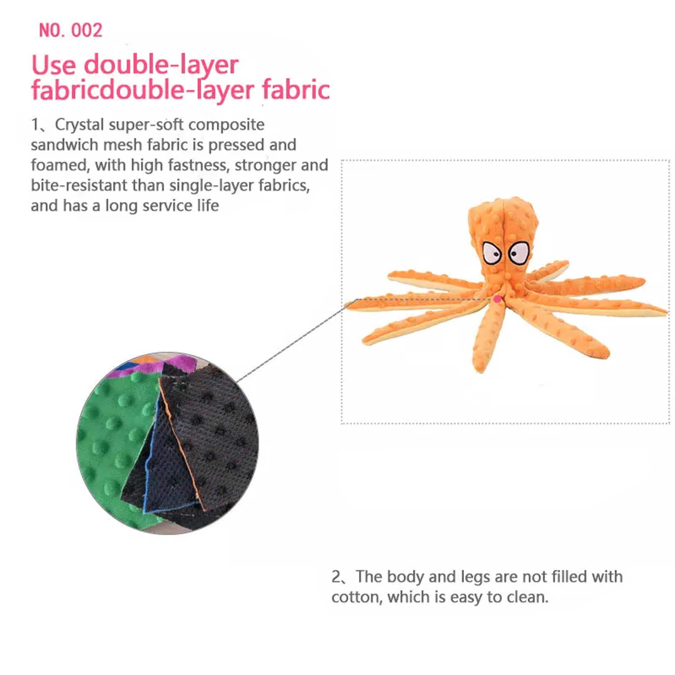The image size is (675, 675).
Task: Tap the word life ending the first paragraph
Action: coord(208,205)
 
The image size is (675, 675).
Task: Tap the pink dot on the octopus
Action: coord(497,299)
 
